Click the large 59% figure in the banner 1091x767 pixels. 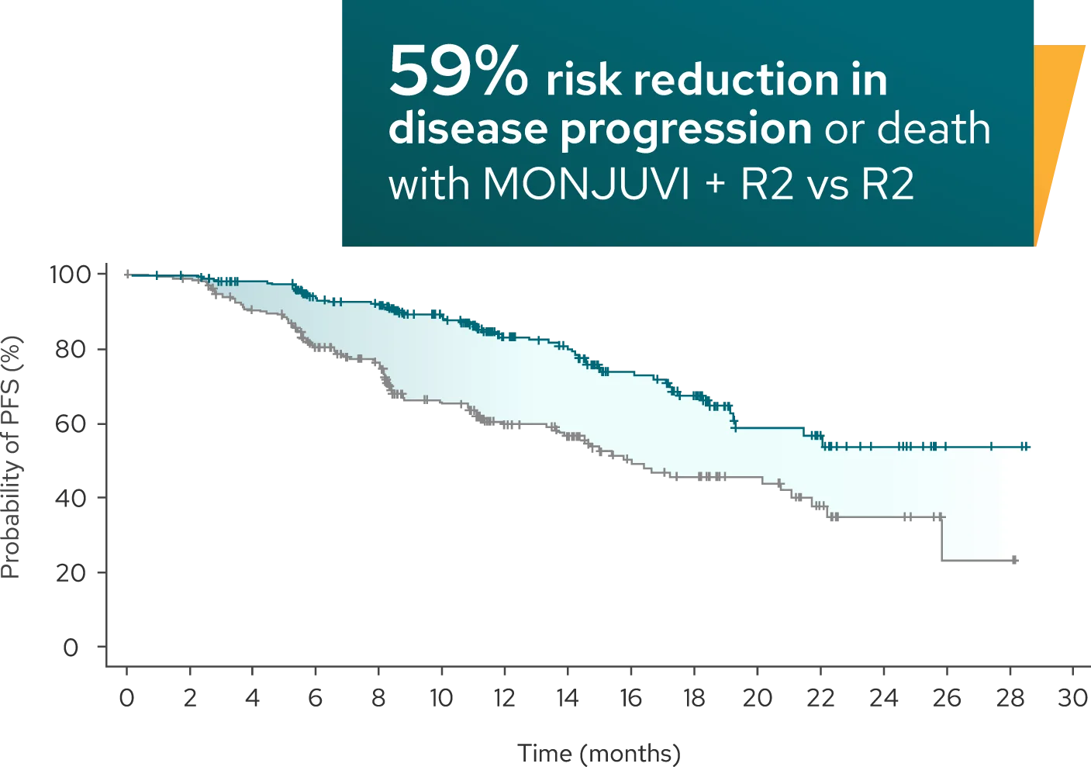click(457, 71)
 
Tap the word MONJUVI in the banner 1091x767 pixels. click(585, 184)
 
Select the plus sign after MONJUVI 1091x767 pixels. click(714, 185)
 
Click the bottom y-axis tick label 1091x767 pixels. click(71, 647)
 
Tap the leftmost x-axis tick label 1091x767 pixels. click(126, 697)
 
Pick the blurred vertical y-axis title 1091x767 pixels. click(11, 458)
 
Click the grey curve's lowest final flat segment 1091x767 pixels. click(980, 561)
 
